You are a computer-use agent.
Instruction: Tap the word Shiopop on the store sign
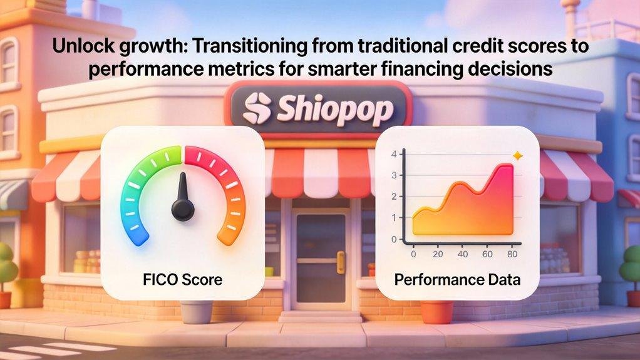coord(336,110)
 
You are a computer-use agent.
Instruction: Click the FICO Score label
coord(182,279)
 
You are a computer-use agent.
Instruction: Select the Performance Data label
coord(457,279)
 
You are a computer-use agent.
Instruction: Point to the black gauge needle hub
coord(183,210)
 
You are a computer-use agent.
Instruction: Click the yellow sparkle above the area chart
coord(517,155)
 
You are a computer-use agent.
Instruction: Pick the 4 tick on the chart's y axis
coord(394,154)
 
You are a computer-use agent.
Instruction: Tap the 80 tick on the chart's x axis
coord(512,255)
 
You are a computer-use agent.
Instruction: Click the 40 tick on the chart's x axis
coord(462,255)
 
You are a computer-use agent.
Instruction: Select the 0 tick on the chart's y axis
coord(394,239)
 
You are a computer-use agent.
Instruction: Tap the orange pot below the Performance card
coord(436,311)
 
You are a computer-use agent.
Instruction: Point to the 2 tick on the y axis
coord(394,197)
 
